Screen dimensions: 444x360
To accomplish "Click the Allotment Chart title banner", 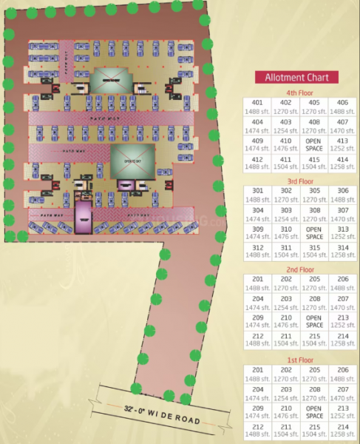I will (297, 77).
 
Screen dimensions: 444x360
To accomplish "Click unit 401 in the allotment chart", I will (257, 107).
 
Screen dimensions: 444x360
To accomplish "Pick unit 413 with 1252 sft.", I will (342, 144).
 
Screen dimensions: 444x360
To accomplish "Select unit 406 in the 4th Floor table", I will (342, 107).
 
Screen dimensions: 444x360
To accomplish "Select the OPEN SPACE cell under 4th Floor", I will (314, 144).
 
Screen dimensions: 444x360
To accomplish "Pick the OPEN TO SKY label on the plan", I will (133, 161).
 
